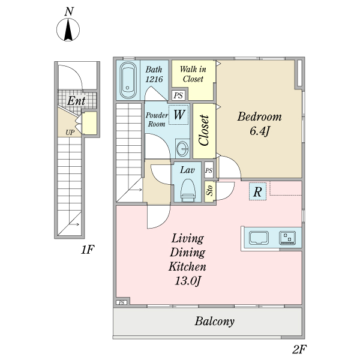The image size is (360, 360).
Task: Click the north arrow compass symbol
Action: pyautogui.click(x=68, y=30)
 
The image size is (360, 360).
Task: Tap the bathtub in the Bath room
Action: pyautogui.click(x=128, y=80)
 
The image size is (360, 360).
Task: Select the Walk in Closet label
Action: pyautogui.click(x=193, y=74)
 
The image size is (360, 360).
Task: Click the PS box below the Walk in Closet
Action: pyautogui.click(x=178, y=95)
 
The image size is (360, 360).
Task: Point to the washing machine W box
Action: pyautogui.click(x=179, y=115)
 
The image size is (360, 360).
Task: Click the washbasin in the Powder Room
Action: pyautogui.click(x=182, y=149)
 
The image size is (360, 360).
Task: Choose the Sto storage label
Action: pyautogui.click(x=210, y=191)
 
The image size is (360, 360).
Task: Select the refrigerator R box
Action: pyautogui.click(x=257, y=192)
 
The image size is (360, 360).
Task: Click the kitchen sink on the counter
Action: pyautogui.click(x=259, y=238)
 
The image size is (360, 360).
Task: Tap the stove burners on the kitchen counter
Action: pyautogui.click(x=287, y=238)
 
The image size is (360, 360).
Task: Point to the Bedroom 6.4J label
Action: pyautogui.click(x=259, y=124)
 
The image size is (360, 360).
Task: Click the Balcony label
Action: pyautogui.click(x=215, y=322)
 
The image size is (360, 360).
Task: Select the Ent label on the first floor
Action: pyautogui.click(x=76, y=101)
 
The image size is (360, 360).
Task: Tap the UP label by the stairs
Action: pyautogui.click(x=70, y=133)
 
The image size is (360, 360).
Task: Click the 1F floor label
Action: pyautogui.click(x=88, y=250)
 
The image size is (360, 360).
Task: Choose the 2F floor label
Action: pyautogui.click(x=299, y=349)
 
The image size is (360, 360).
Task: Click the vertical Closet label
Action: pyautogui.click(x=204, y=130)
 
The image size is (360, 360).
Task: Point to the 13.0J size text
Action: pyautogui.click(x=188, y=281)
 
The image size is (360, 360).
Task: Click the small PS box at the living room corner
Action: pyautogui.click(x=122, y=302)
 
